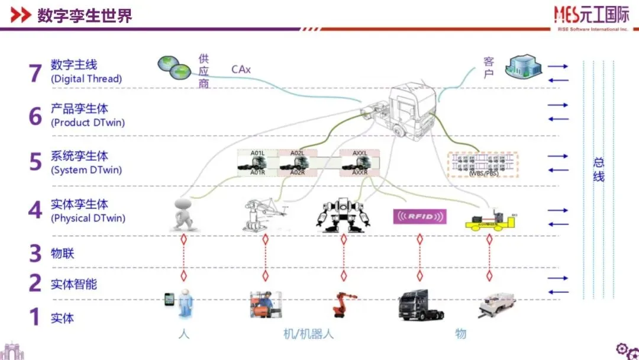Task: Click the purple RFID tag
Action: click(x=420, y=216)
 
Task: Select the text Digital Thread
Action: click(x=86, y=78)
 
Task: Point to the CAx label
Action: click(x=241, y=70)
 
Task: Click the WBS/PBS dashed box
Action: click(x=482, y=165)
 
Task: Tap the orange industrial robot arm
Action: click(x=342, y=304)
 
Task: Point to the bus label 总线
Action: click(x=599, y=169)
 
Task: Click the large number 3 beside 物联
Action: click(x=35, y=253)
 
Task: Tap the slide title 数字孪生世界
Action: click(x=84, y=15)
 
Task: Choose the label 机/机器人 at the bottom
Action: click(x=308, y=334)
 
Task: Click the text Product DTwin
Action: click(x=88, y=123)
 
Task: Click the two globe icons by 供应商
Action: click(x=173, y=66)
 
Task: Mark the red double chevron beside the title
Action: click(x=21, y=15)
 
